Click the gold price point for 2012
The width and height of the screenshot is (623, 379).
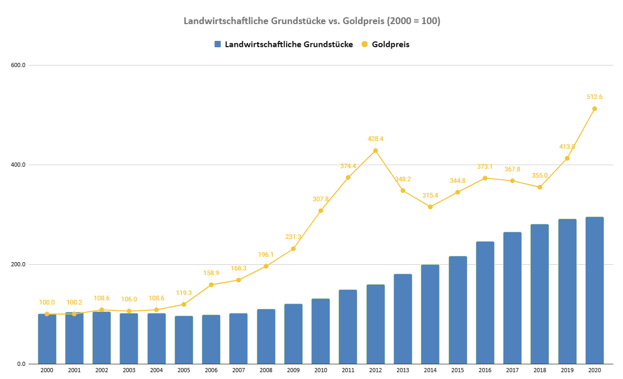[x=375, y=151]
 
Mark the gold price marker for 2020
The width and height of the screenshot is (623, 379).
[x=594, y=109]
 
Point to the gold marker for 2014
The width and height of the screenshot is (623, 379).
[x=430, y=207]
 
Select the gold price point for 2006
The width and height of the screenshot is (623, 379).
[x=211, y=285]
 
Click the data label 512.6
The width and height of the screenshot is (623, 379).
[x=594, y=97]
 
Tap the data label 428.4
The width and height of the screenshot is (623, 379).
[x=375, y=139]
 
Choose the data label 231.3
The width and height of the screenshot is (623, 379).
[x=293, y=237]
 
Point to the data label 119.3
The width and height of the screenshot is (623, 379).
[x=184, y=293]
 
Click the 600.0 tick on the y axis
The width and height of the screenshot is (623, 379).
[x=18, y=65]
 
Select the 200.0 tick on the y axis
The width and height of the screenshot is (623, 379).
[x=18, y=264]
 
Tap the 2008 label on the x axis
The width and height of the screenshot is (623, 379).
[x=266, y=370]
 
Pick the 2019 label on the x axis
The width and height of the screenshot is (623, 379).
[x=567, y=370]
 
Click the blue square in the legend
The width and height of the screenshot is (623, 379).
[x=218, y=45]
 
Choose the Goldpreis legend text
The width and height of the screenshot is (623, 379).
[x=390, y=45]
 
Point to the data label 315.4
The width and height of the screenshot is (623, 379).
[x=430, y=196]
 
